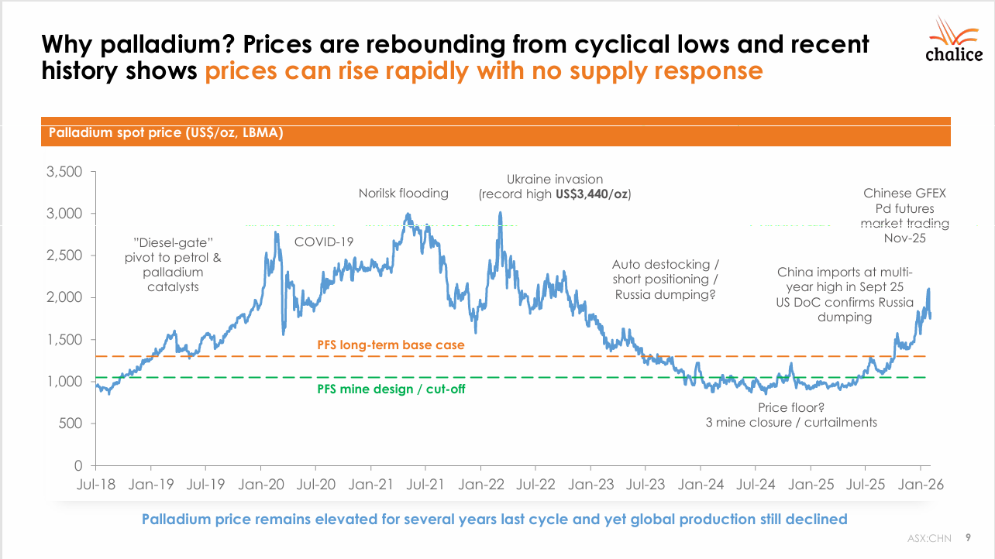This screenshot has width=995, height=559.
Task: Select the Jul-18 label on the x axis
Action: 96,485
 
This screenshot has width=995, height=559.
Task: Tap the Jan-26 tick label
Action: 921,485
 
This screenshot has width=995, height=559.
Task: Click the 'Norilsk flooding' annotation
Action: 403,194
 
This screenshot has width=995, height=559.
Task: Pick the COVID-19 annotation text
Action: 324,242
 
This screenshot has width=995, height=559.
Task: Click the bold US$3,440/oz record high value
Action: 592,194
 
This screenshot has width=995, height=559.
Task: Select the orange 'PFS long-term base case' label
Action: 391,345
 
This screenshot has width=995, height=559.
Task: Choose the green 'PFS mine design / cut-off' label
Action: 391,389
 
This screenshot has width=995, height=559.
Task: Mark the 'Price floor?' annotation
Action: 791,408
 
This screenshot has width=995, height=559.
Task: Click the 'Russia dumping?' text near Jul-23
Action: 665,295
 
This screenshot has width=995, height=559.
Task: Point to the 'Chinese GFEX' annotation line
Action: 905,194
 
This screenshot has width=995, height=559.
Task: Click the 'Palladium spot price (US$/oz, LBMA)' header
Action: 166,133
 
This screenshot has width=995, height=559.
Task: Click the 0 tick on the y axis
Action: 79,466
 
